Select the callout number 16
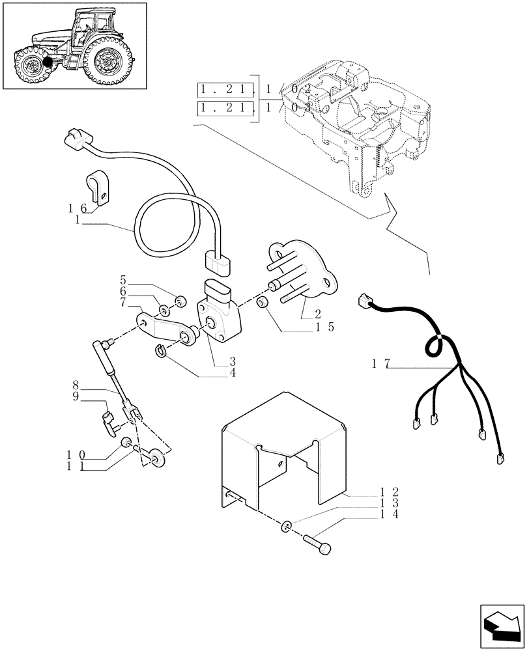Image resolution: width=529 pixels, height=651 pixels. click(x=77, y=208)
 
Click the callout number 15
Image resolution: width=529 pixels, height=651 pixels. click(x=323, y=327)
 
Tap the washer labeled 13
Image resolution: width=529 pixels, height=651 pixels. click(x=287, y=525)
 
